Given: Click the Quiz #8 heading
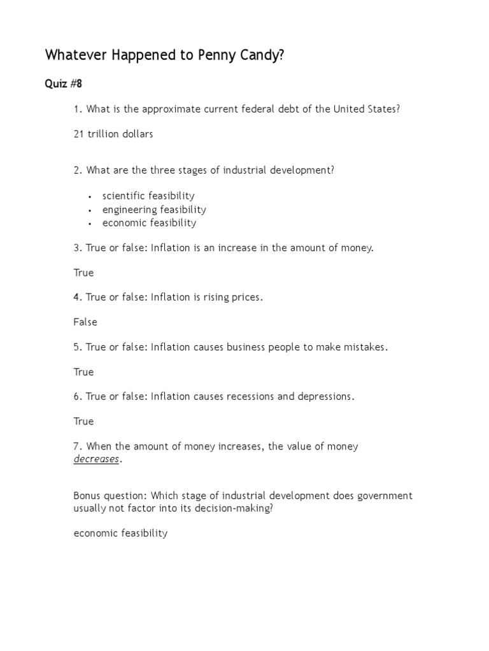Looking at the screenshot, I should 64,84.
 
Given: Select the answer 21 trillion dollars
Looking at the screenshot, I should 113,134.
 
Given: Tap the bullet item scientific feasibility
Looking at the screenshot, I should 148,196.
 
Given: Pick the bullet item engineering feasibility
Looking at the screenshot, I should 154,209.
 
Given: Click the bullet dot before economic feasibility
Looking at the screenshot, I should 91,224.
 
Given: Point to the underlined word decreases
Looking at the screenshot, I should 96,460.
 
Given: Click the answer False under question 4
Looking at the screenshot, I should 85,322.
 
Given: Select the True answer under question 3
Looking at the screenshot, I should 83,273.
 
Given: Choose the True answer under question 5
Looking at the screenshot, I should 83,372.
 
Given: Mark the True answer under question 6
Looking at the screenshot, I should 83,421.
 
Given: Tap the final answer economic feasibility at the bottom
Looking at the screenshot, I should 120,533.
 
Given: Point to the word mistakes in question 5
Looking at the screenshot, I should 364,347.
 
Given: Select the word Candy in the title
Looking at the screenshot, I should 258,56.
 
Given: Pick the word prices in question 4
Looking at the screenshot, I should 244,298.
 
